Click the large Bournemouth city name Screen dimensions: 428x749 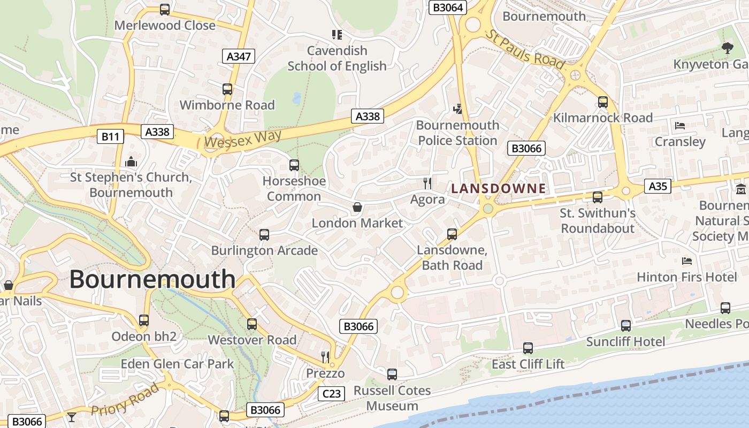152,279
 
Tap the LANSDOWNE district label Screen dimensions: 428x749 498,188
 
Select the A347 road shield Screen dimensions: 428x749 239,56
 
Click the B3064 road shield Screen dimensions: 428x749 448,7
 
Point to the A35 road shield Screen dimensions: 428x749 658,186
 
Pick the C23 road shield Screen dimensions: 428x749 331,394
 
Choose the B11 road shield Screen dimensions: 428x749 110,136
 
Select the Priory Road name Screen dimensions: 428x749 125,400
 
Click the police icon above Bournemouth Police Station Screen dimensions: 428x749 457,109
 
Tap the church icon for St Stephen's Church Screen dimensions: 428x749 131,161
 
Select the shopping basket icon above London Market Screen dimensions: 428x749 357,207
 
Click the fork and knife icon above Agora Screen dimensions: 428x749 427,184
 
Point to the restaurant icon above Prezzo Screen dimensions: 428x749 325,357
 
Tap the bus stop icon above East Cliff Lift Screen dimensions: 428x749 528,348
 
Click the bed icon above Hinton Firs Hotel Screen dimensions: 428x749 687,261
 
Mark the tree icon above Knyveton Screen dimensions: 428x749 727,48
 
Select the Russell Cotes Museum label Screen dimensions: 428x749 392,398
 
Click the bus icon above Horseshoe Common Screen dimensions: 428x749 294,165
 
